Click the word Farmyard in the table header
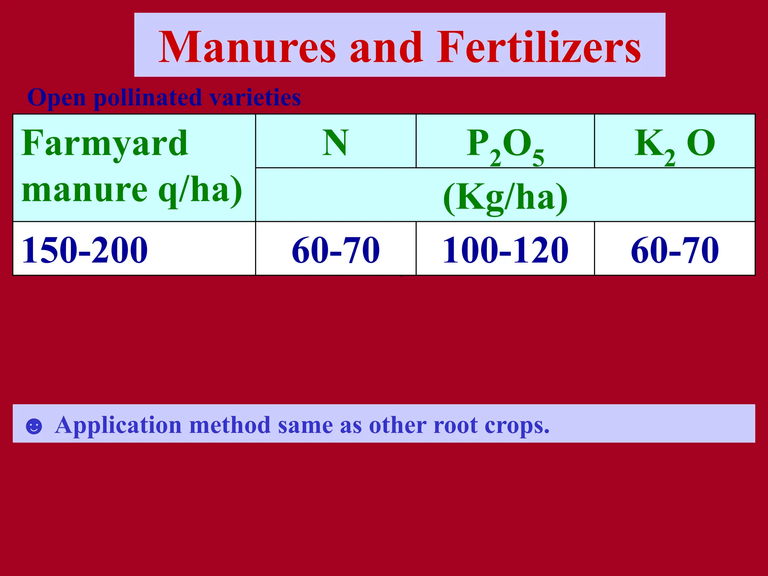click(105, 143)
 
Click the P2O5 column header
click(505, 145)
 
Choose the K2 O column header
click(675, 144)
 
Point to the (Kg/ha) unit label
click(505, 197)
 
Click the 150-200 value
click(85, 250)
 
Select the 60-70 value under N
click(336, 250)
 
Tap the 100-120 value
click(505, 250)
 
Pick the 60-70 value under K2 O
click(675, 250)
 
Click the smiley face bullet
click(34, 426)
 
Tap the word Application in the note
click(118, 426)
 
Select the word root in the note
click(455, 426)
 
